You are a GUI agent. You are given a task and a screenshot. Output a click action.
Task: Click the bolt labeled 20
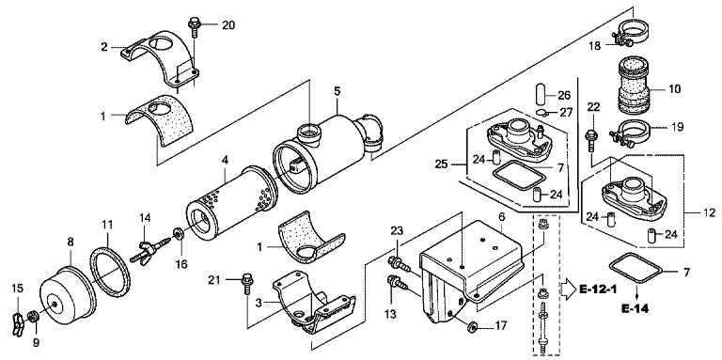pyautogui.click(x=195, y=27)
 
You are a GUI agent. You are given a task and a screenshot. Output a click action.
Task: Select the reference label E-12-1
pyautogui.click(x=598, y=290)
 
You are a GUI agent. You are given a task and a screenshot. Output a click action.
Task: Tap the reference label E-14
pyautogui.click(x=635, y=308)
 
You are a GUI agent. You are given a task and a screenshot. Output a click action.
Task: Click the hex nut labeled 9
pyautogui.click(x=33, y=316)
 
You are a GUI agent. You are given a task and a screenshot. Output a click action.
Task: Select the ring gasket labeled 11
pyautogui.click(x=110, y=271)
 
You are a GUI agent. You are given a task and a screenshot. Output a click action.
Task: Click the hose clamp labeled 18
pyautogui.click(x=631, y=35)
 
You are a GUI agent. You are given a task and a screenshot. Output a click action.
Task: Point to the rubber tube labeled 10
pyautogui.click(x=633, y=87)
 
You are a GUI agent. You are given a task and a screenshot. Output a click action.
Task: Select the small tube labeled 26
pyautogui.click(x=541, y=95)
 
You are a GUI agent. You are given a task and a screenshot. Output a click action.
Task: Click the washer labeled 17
pyautogui.click(x=473, y=327)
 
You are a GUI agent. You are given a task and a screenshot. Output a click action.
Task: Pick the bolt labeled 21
pyautogui.click(x=247, y=283)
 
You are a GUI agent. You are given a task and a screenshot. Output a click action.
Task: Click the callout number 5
pyautogui.click(x=337, y=91)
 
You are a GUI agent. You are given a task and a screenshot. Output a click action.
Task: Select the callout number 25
pyautogui.click(x=441, y=164)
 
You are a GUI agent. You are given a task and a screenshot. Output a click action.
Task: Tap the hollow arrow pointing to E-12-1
pyautogui.click(x=568, y=290)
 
